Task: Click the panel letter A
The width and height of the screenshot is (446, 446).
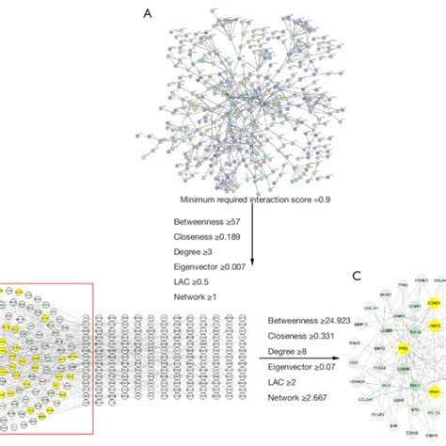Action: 147,13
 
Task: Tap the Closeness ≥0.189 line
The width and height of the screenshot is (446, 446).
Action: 206,236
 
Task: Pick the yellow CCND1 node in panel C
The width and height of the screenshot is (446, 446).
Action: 436,303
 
